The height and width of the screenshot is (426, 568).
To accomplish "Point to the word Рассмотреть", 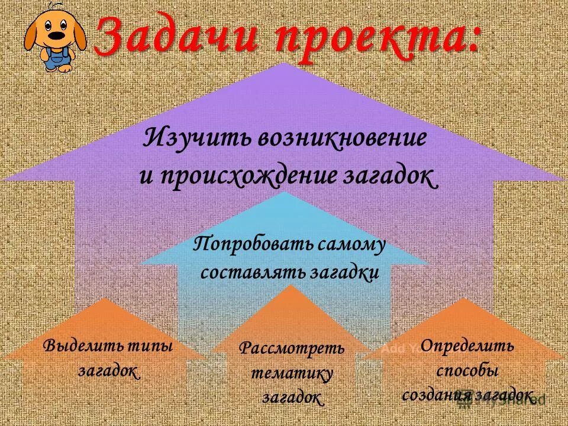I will click(x=292, y=348).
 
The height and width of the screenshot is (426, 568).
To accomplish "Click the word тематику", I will click(x=292, y=373).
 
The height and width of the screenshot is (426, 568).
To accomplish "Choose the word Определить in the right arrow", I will click(x=467, y=346).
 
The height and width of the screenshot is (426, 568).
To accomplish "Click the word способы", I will click(x=467, y=371).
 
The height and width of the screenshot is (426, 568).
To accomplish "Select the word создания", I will click(x=432, y=395).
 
